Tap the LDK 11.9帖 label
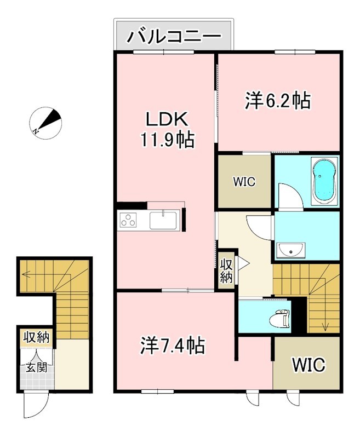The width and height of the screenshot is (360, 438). point(167,129)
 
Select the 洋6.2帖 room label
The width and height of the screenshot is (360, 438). point(277,100)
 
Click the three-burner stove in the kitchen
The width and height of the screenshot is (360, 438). point(130,221)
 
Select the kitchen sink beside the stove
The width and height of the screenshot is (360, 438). point(162,221)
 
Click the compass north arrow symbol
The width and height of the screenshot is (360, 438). point(47,123)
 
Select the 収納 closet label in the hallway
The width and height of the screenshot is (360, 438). point(227,270)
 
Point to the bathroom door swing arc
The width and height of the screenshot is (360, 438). point(288,194)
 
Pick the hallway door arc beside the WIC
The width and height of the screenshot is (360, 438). point(256,225)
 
